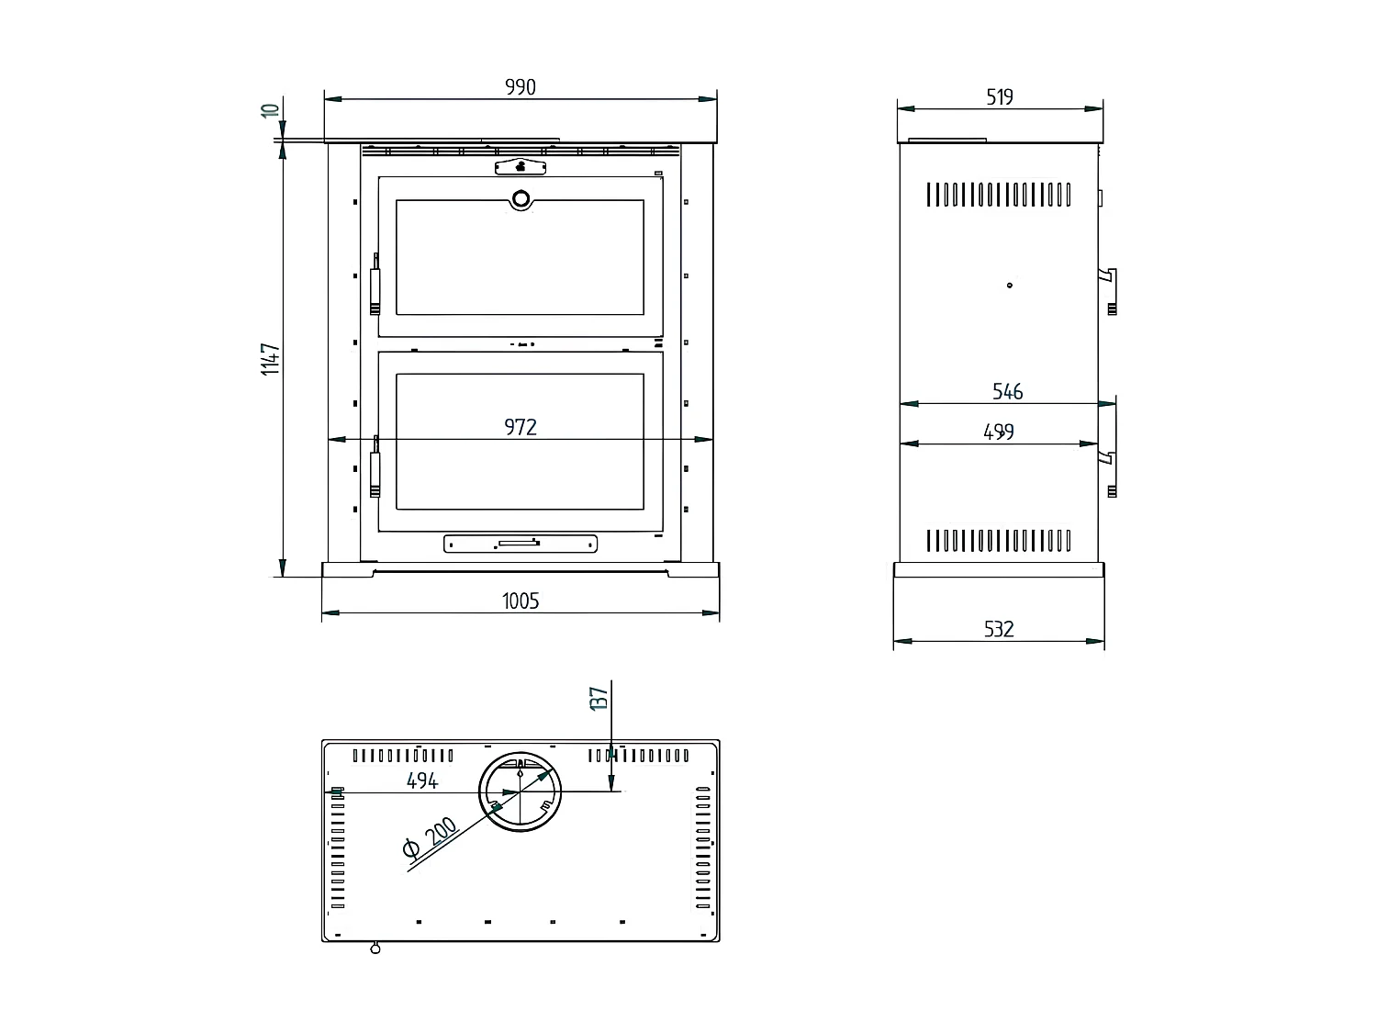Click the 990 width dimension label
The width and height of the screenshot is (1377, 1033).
tap(521, 87)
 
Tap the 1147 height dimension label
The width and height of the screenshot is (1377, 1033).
tap(271, 359)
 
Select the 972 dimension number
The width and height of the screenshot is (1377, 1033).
tap(521, 427)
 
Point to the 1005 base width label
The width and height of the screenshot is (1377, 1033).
tap(521, 601)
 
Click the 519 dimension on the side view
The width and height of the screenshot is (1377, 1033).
tap(1000, 97)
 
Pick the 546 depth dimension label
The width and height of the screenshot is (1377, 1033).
tap(1007, 392)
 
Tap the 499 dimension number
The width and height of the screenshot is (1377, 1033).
tap(999, 432)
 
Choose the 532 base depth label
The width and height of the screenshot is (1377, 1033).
tap(999, 629)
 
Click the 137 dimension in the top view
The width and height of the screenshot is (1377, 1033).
tap(599, 699)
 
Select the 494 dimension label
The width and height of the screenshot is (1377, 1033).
tap(422, 780)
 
